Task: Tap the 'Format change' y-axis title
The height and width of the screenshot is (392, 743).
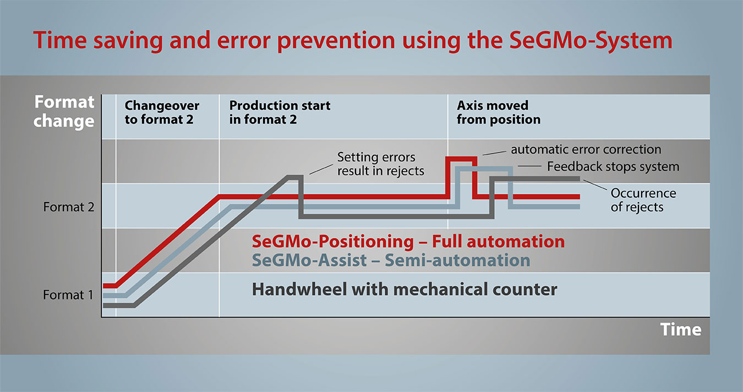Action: pos(64,111)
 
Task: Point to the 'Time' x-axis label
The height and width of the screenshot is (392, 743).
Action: pos(681,329)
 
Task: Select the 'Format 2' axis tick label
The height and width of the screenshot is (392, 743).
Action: pos(69,208)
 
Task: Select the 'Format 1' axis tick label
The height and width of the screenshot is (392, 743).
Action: pos(69,295)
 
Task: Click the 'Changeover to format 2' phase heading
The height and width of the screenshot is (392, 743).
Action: pos(162,112)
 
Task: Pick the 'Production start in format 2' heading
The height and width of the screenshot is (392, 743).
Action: pos(280,112)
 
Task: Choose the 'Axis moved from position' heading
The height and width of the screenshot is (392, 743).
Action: pos(498,112)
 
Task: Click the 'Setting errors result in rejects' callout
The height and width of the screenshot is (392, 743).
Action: pos(380,164)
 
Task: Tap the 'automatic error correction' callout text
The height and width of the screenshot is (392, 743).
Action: pos(586,149)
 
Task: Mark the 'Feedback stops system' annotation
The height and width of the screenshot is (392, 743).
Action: pos(613,166)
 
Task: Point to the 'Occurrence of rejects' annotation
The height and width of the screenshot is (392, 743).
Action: pos(643,200)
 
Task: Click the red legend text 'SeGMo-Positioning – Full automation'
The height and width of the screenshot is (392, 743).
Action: pos(408,242)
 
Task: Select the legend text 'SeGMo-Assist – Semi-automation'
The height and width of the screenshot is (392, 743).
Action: pos(391,260)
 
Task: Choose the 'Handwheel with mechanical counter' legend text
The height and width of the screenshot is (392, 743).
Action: pos(405,289)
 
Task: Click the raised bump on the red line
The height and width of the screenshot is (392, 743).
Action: pos(461,159)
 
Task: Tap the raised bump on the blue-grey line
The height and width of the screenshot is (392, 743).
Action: pos(484,168)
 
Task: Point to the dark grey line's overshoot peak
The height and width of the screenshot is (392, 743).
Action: pos(293,177)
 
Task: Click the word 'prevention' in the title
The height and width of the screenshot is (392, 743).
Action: pos(340,41)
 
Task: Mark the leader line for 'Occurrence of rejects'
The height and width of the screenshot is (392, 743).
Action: pos(596,186)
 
